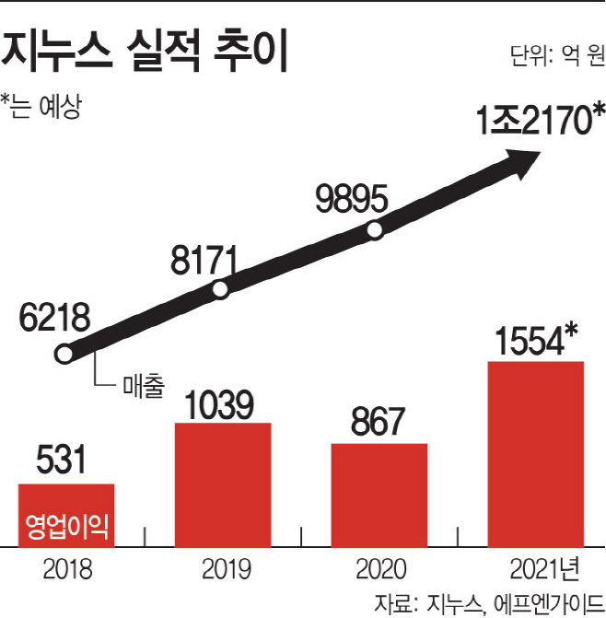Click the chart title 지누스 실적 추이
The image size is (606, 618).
147,52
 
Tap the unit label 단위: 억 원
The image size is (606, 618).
556,57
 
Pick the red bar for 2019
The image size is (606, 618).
223,484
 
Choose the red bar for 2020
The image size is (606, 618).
379,495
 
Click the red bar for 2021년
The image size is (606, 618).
536,454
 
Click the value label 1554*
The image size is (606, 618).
539,342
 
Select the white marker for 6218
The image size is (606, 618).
63,355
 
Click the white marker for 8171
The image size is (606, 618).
219,290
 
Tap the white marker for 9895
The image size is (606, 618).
375,230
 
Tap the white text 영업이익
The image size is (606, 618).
66,528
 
